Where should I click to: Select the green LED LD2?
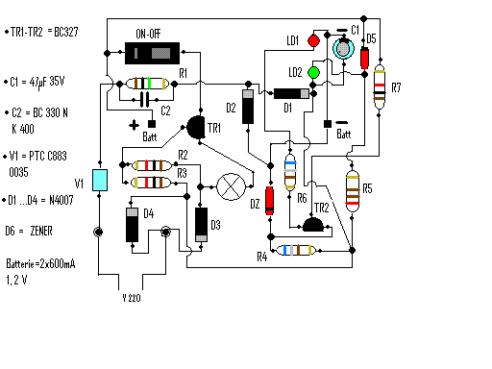click(312, 72)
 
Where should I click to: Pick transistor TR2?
click(312, 225)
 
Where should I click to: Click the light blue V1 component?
click(97, 183)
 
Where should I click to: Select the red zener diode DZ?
click(270, 201)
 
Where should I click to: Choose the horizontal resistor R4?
click(293, 251)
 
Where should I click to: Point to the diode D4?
click(132, 225)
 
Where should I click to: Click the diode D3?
click(201, 225)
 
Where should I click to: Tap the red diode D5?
click(364, 57)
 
